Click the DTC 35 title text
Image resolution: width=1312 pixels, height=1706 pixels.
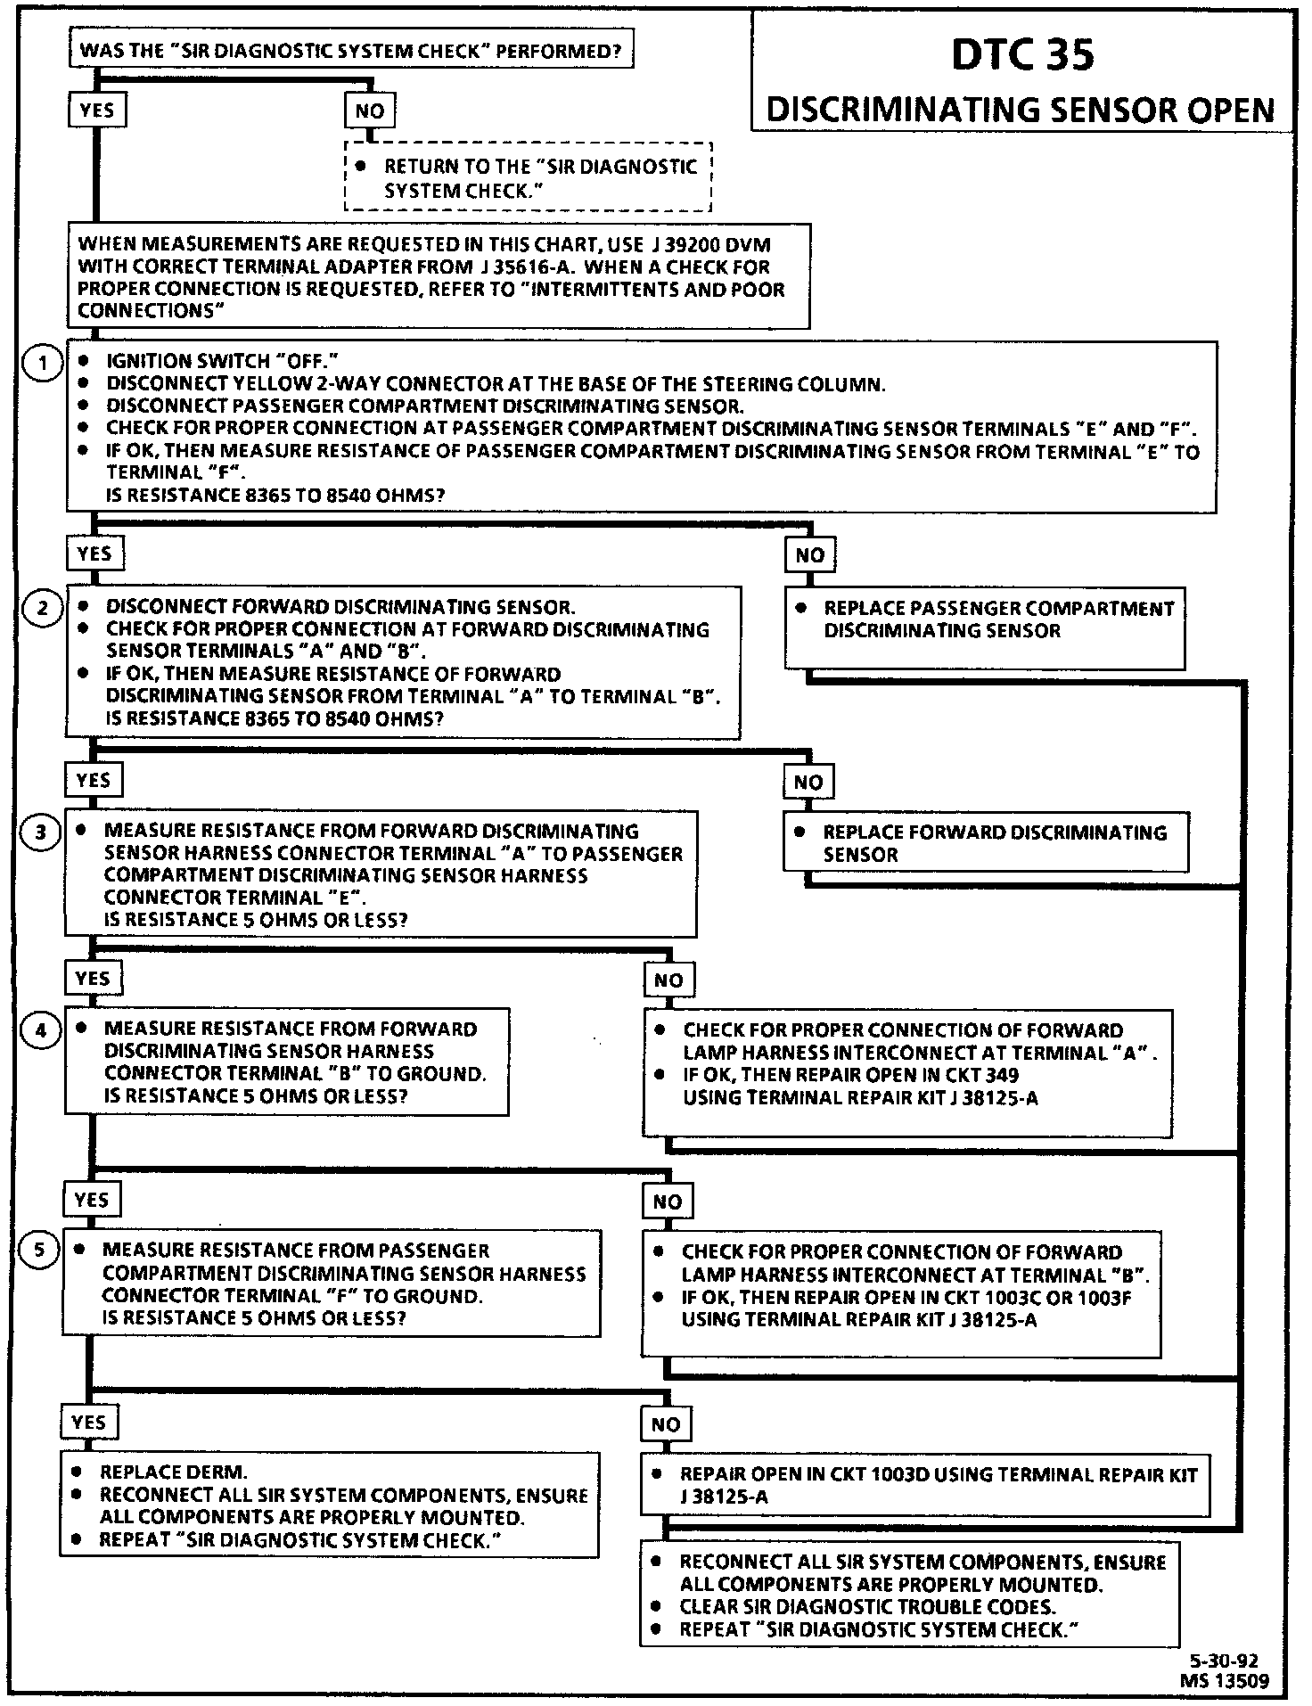click(1022, 54)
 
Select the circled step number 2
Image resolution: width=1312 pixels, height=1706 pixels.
click(42, 609)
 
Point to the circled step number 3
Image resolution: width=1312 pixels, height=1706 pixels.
click(41, 832)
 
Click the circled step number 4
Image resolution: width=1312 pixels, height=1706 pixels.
click(41, 1031)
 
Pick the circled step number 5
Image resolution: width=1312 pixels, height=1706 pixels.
click(39, 1251)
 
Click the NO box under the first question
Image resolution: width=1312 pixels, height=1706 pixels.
click(369, 111)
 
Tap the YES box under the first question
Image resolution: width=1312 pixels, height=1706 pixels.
click(96, 110)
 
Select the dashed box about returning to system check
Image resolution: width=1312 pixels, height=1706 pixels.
click(528, 177)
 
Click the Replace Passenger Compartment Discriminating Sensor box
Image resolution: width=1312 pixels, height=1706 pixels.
click(984, 627)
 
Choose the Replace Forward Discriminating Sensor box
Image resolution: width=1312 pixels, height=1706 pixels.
click(985, 842)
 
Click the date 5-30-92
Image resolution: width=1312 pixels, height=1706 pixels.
click(1224, 1661)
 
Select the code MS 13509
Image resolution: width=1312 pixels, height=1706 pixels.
click(1224, 1681)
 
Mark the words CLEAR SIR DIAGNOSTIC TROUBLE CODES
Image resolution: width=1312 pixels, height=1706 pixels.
click(867, 1607)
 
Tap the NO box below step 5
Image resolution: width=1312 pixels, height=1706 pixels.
click(665, 1424)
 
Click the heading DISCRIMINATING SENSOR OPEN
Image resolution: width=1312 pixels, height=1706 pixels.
click(1021, 110)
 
